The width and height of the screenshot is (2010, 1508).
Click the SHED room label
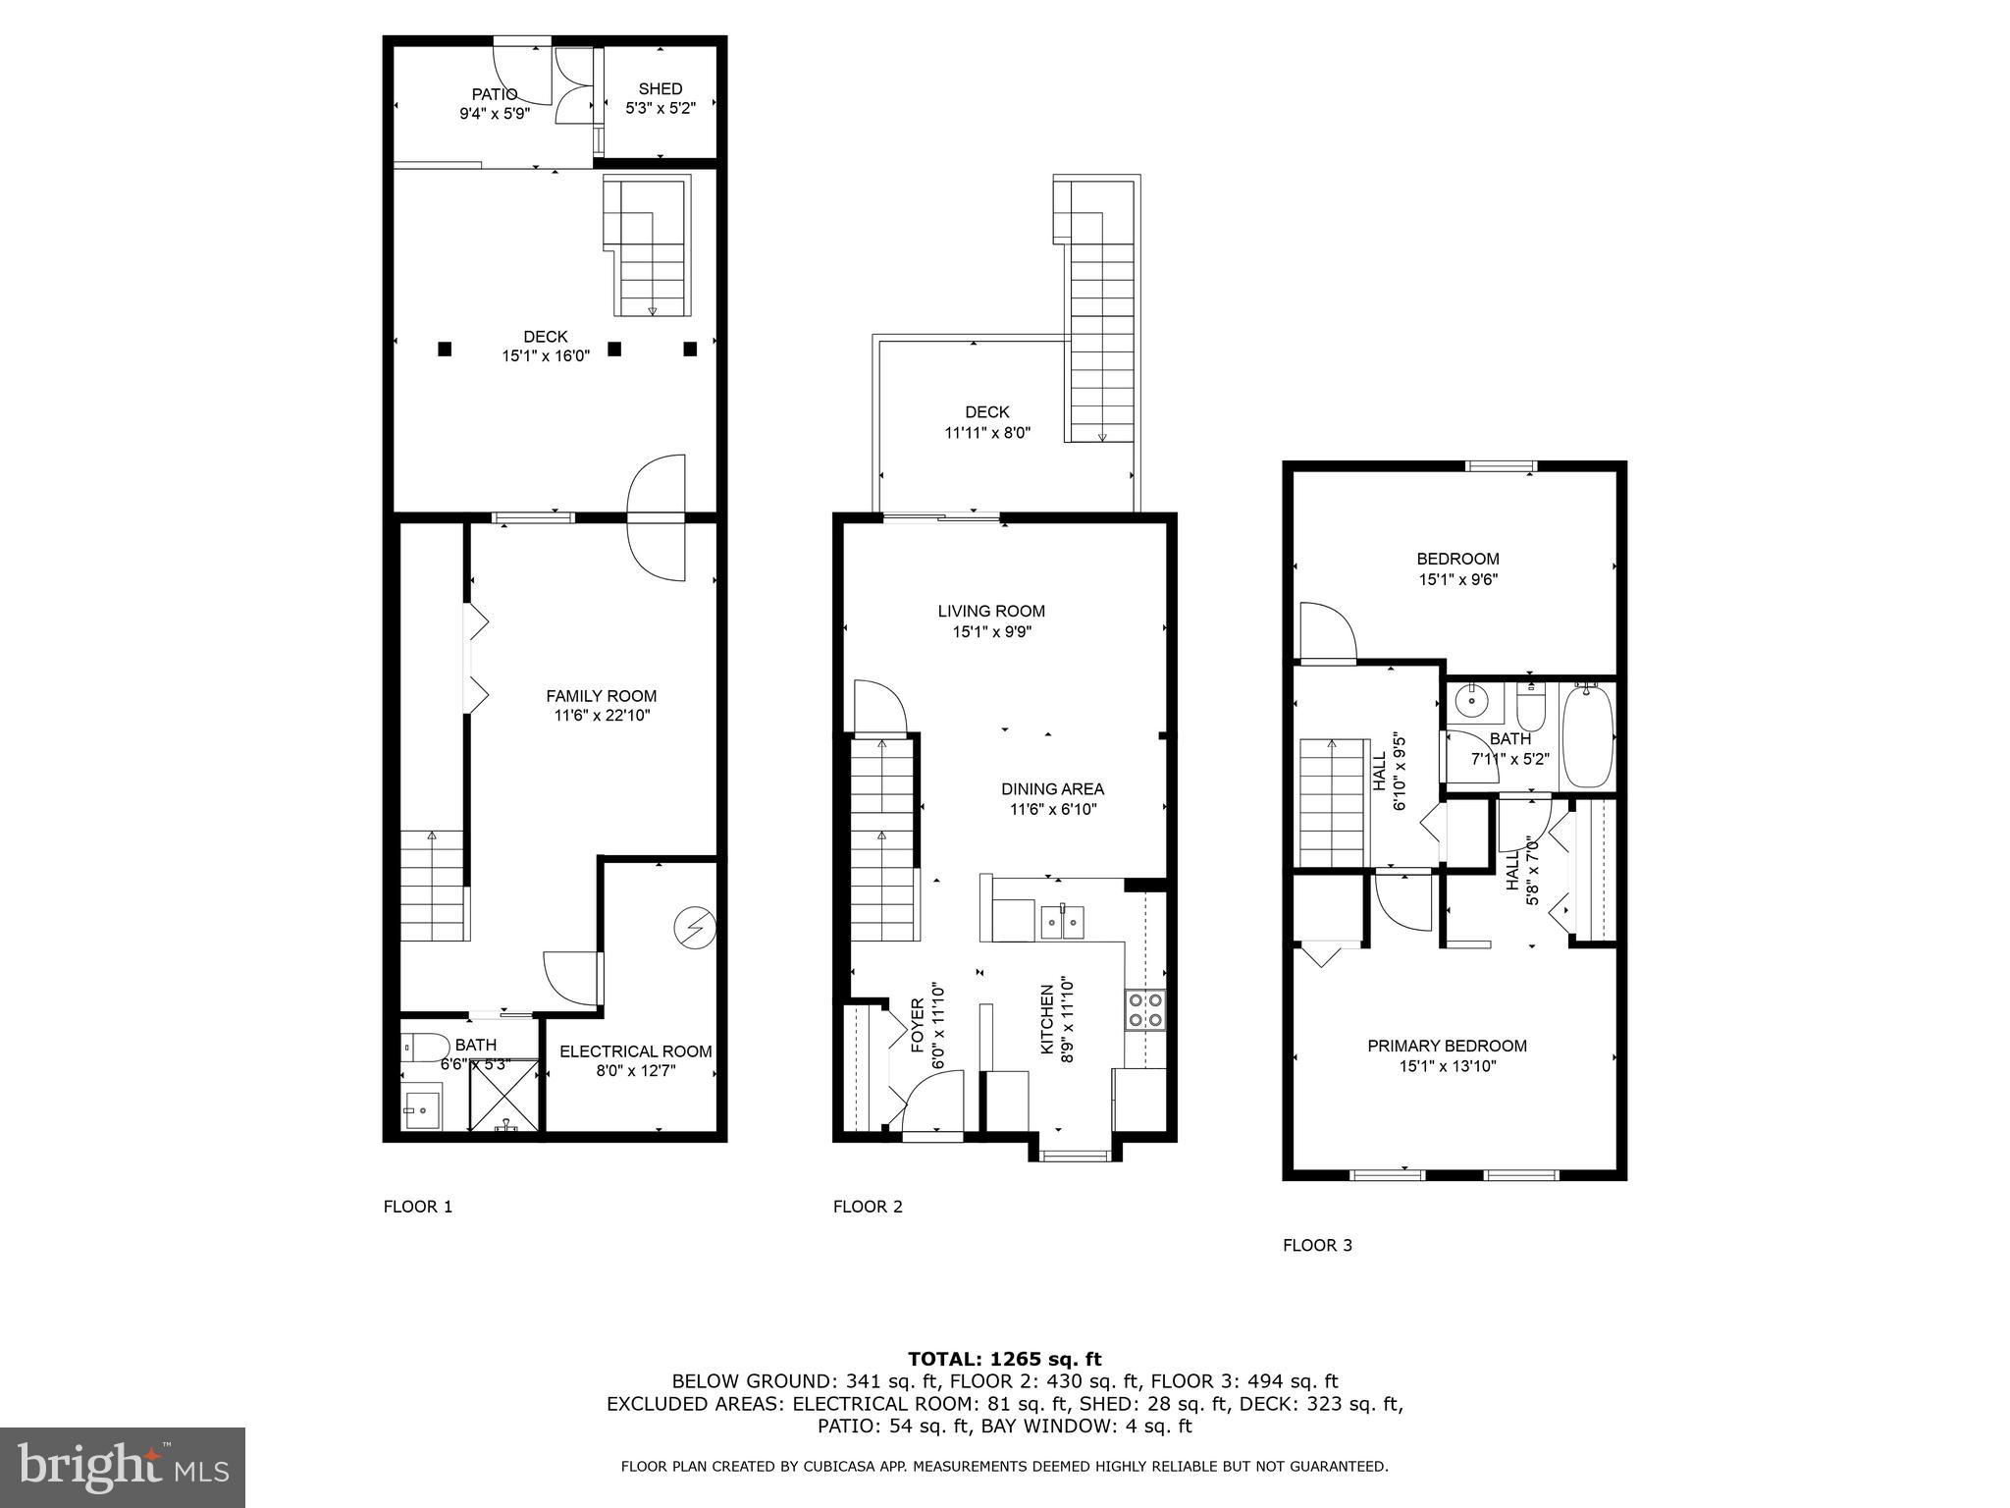(660, 89)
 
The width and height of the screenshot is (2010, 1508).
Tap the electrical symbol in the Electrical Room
(695, 927)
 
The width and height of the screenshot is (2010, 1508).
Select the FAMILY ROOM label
(601, 696)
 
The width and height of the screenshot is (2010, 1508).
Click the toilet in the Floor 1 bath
(426, 1048)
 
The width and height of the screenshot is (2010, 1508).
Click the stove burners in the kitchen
(1145, 1010)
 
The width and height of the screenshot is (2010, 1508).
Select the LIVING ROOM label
(991, 611)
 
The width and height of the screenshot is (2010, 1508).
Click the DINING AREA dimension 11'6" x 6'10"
(1052, 810)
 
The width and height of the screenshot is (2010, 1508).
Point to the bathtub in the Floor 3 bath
(1586, 736)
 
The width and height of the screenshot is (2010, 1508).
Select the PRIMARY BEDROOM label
(1447, 1046)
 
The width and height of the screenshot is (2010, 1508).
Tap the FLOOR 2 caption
(868, 1207)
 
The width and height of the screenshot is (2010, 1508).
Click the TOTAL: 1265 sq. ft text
(1004, 1359)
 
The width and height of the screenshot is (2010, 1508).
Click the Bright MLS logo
(123, 1468)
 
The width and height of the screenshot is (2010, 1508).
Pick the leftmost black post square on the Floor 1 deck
(445, 348)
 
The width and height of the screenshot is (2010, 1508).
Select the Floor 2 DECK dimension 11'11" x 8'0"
(986, 433)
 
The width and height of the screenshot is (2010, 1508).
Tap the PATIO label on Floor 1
(495, 94)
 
